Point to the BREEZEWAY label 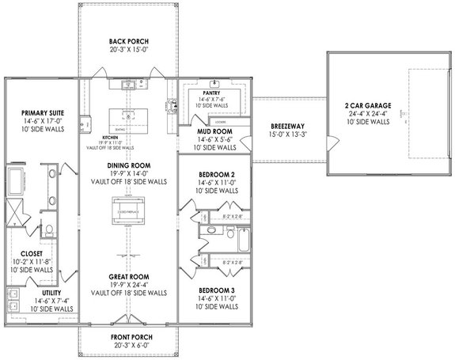click(285, 127)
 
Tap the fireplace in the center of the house click(127, 213)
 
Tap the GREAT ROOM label click(129, 276)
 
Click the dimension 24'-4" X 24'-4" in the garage click(368, 115)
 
